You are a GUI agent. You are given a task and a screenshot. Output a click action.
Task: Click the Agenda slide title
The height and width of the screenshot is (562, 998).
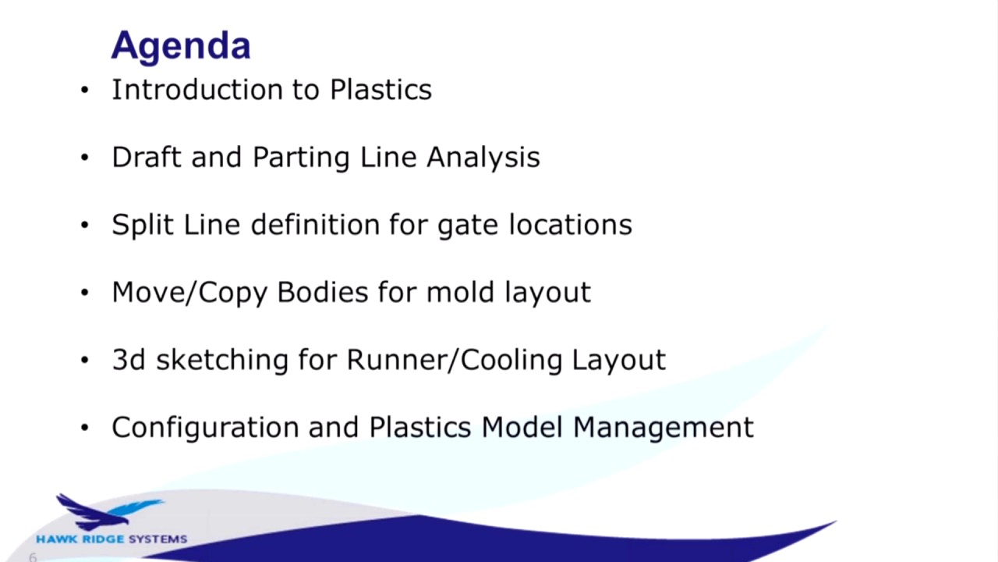180,46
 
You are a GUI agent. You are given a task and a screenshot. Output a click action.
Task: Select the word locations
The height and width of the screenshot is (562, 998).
570,225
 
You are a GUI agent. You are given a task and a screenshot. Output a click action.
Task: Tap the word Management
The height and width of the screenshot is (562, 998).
664,428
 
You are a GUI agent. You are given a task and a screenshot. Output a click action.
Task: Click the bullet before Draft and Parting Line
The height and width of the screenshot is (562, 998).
85,158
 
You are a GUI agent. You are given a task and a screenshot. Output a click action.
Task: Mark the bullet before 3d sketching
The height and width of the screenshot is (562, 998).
85,360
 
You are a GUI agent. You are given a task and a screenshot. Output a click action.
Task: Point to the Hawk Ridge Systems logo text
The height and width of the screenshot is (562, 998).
111,539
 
